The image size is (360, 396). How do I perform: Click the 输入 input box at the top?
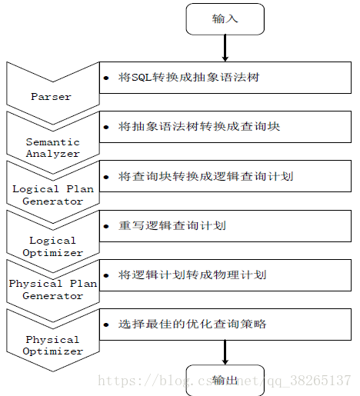tap(225, 19)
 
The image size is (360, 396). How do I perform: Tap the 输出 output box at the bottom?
tap(225, 381)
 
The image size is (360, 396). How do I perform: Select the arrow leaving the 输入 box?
tap(225, 48)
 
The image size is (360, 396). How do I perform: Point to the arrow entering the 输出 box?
tap(225, 352)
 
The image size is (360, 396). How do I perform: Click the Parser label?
tap(51, 97)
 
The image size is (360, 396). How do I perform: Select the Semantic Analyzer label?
tap(53, 148)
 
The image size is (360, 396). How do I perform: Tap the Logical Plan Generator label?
tap(53, 195)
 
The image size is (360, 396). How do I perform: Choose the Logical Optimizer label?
tap(53, 247)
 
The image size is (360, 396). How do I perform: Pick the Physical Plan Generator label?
tap(53, 290)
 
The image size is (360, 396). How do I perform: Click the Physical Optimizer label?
tap(53, 345)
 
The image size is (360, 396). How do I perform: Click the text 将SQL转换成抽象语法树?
tap(189, 78)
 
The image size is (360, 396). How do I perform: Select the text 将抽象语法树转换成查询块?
tap(199, 127)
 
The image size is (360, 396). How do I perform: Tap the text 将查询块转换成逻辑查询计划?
tap(205, 176)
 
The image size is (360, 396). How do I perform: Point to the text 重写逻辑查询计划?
tap(172, 226)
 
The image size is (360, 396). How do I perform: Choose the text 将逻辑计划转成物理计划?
tap(192, 275)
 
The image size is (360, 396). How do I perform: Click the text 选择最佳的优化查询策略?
tap(192, 324)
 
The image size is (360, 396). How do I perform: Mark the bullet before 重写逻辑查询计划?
tap(106, 226)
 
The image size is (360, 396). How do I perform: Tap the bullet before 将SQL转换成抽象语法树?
tap(106, 78)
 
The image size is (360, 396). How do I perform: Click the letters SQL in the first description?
tap(142, 78)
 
